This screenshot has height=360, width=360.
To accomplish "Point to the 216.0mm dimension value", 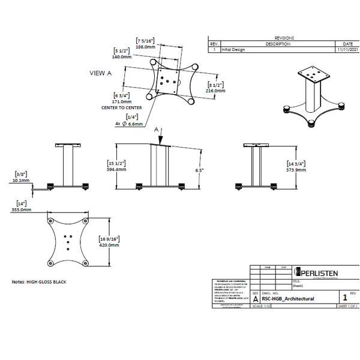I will point(216,91).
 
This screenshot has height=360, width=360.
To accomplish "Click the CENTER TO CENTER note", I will point(122,108).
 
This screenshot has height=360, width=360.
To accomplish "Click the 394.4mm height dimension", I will point(116,170).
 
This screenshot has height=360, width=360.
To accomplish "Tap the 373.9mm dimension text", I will point(296,170).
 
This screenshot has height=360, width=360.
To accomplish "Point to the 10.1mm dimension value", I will point(21,179).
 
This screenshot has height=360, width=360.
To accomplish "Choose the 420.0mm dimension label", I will point(109,245).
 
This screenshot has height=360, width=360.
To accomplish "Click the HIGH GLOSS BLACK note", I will point(39,281).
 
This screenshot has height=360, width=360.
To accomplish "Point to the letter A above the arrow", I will point(156,129).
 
